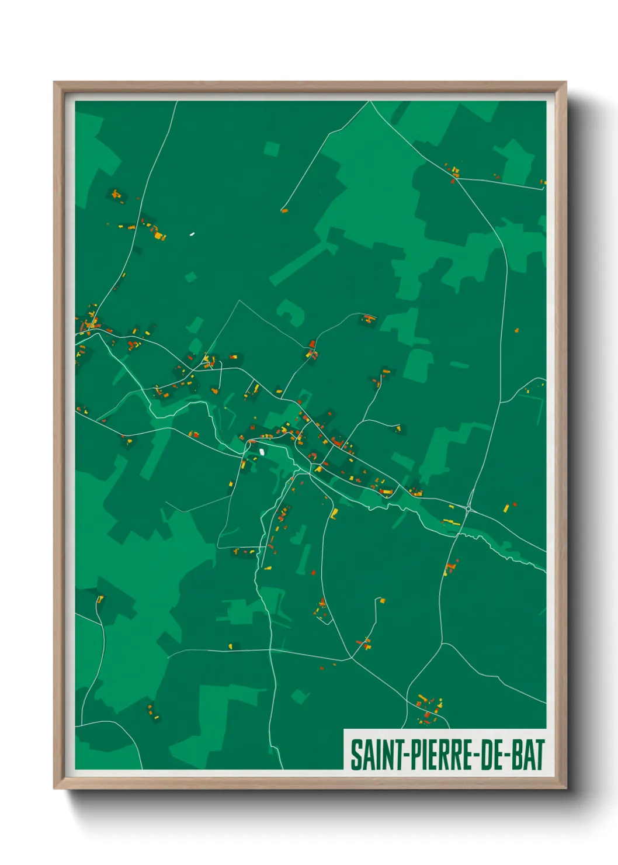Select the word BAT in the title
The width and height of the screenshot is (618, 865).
(527, 755)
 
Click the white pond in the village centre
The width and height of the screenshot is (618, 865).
(262, 451)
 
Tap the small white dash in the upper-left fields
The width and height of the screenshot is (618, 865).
(192, 234)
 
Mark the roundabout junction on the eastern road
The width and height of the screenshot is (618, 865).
(468, 508)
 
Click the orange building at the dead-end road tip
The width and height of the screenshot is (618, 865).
(284, 210)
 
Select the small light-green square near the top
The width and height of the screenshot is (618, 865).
(271, 149)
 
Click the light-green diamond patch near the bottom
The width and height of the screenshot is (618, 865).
(300, 696)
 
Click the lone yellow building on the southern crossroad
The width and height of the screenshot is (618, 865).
(230, 646)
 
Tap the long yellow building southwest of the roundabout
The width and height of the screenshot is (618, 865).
(450, 521)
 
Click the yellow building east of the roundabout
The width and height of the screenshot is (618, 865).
(506, 508)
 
